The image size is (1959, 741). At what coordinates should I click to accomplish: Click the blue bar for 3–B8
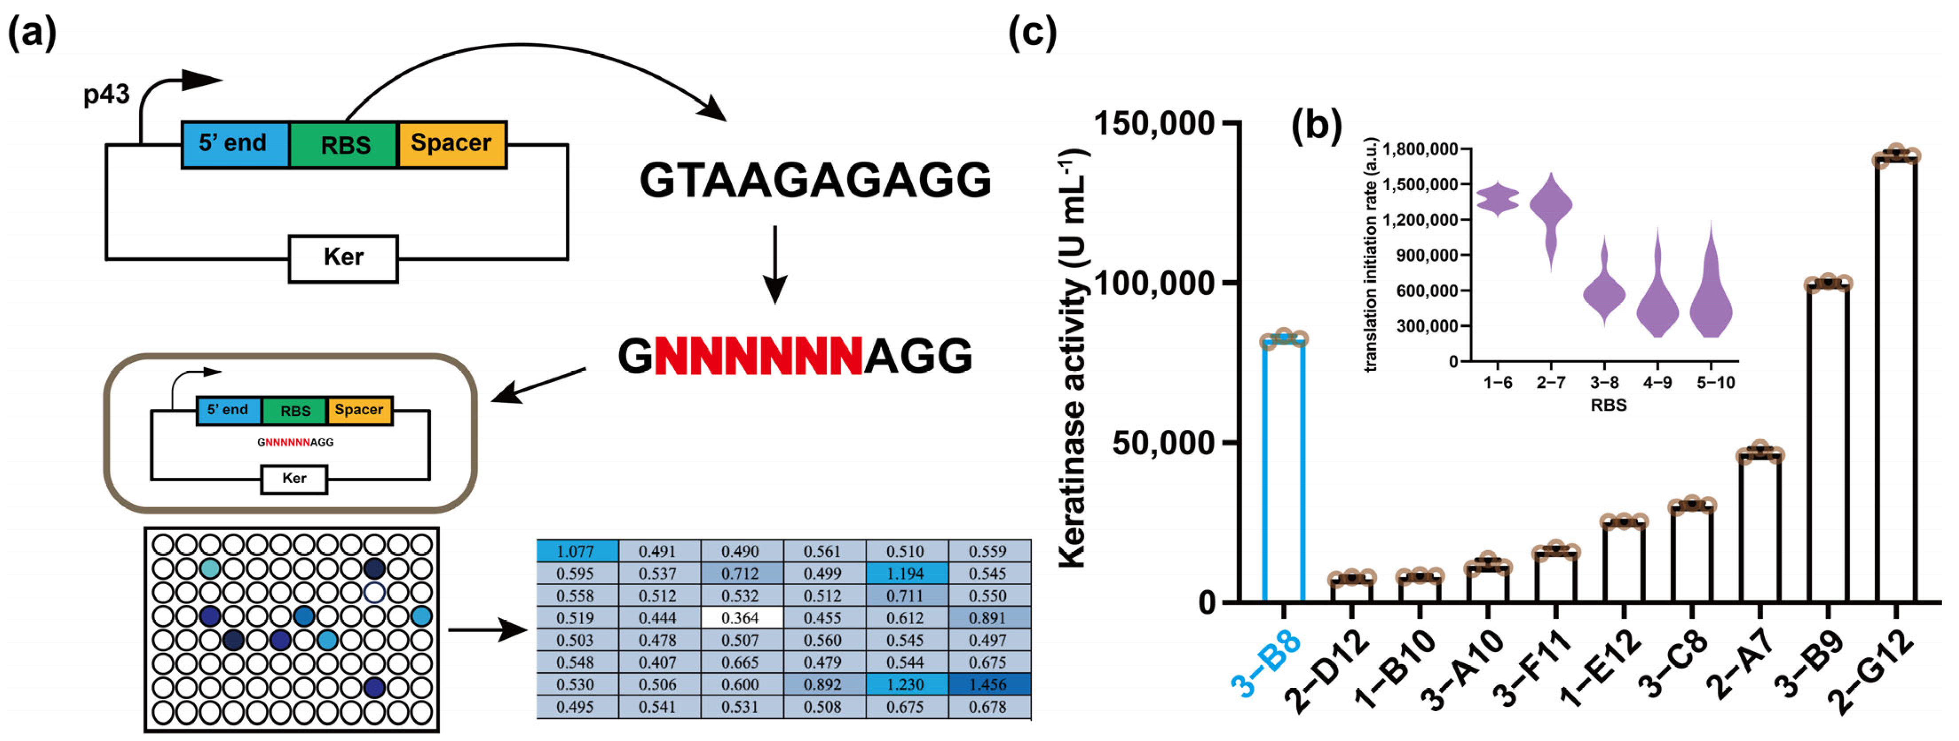pyautogui.click(x=1284, y=472)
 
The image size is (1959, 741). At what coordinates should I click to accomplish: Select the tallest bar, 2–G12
pyautogui.click(x=1896, y=380)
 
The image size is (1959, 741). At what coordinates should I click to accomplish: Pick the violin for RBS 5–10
pyautogui.click(x=1711, y=297)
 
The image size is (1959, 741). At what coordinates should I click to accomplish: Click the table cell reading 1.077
pyautogui.click(x=576, y=551)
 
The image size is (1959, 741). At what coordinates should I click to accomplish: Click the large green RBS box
pyautogui.click(x=344, y=145)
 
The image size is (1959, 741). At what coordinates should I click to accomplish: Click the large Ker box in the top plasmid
pyautogui.click(x=343, y=258)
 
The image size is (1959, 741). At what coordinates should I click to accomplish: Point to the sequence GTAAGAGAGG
pyautogui.click(x=815, y=180)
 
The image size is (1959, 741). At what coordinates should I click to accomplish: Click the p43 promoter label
pyautogui.click(x=106, y=95)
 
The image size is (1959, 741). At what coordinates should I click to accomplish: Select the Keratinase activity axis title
pyautogui.click(x=1073, y=357)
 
